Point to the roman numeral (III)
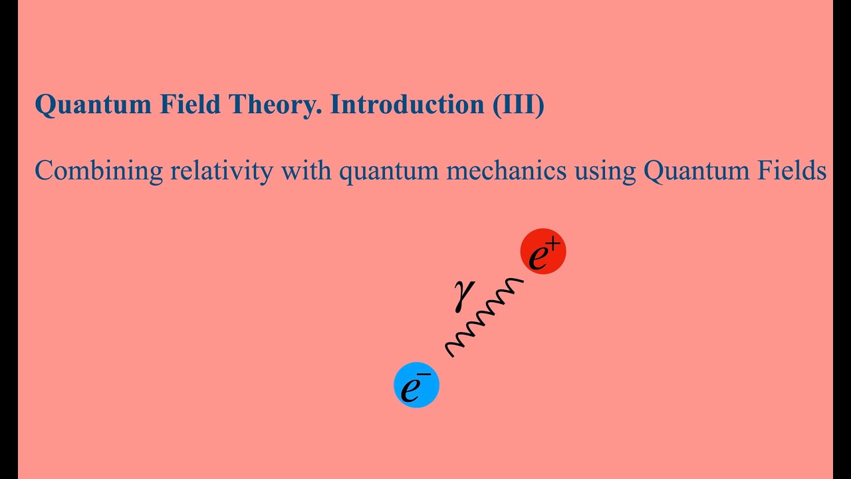[518, 105]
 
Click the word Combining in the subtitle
[98, 172]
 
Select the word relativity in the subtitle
[221, 172]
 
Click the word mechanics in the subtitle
[507, 172]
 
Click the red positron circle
[543, 252]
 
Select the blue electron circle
[416, 385]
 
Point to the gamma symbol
[463, 294]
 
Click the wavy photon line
[484, 317]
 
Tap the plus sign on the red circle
[554, 245]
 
